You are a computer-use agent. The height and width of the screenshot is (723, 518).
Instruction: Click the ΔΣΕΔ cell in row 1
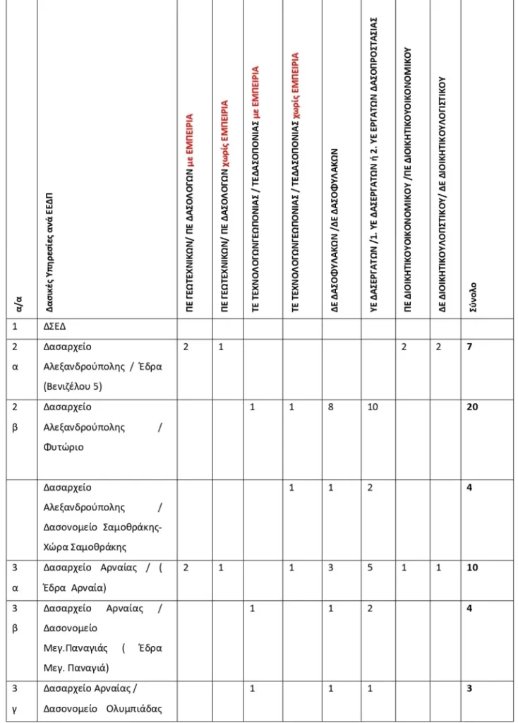tap(55, 327)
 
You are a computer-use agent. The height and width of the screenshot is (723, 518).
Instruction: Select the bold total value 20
tap(472, 407)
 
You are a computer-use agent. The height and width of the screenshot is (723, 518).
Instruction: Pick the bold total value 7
tap(469, 347)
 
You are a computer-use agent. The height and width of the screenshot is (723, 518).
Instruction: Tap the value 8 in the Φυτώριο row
tap(331, 407)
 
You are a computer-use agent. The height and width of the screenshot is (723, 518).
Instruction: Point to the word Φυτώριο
tap(61, 447)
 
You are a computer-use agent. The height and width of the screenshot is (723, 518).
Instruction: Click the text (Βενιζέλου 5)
tap(73, 386)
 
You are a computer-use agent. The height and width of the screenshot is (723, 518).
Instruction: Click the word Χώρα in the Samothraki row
tap(56, 546)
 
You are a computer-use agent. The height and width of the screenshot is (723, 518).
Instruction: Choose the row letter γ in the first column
tap(15, 708)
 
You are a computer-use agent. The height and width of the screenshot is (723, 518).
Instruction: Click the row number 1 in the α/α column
tap(15, 327)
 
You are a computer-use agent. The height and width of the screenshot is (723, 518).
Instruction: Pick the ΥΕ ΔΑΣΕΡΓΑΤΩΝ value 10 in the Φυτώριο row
tap(373, 407)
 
